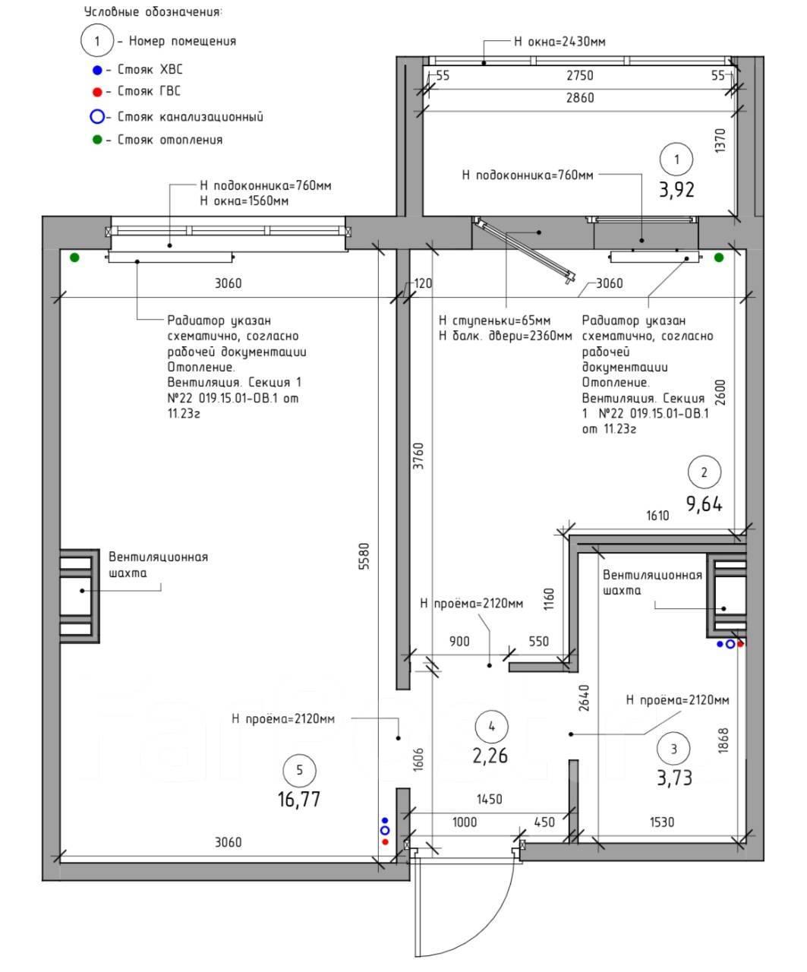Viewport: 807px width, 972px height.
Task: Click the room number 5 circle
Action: tap(299, 771)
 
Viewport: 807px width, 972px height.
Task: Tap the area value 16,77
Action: tap(299, 800)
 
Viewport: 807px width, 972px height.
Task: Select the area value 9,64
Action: tap(705, 504)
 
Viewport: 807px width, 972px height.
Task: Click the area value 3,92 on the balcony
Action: tap(676, 190)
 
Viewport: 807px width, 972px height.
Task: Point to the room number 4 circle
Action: tap(491, 726)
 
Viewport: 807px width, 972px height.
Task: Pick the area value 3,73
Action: tap(674, 778)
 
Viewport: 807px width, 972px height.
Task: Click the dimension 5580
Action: tap(365, 556)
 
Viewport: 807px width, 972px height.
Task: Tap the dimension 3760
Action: tap(419, 456)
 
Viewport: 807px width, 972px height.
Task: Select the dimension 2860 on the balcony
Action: tap(580, 98)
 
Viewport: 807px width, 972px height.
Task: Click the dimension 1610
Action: tap(657, 516)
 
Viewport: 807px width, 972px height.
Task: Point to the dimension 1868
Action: tap(723, 741)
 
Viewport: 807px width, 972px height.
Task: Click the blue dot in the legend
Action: tap(97, 71)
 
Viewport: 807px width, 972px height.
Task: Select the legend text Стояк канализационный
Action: tap(190, 116)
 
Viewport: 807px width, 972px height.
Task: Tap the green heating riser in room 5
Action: tap(74, 257)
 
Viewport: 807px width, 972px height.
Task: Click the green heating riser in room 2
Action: tap(719, 257)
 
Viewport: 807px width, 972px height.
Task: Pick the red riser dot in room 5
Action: tap(385, 841)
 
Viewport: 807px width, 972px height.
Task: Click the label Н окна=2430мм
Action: tap(560, 42)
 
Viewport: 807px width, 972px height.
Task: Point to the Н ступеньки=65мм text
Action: tap(494, 320)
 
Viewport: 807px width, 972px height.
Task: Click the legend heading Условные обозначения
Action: tap(153, 12)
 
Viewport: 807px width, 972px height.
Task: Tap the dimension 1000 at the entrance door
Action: tap(465, 822)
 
